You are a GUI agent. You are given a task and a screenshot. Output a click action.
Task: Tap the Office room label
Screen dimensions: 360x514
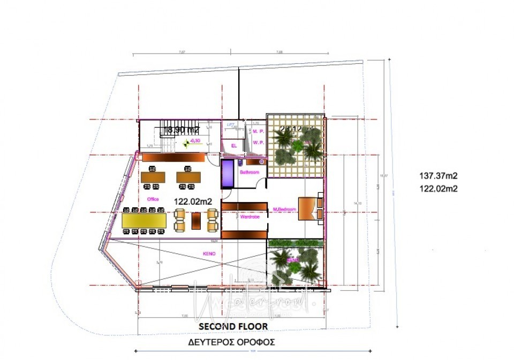[153, 199]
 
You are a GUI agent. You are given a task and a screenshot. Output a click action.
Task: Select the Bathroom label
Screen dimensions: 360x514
[250, 172]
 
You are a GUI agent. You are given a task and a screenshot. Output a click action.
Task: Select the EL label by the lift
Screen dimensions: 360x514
[233, 145]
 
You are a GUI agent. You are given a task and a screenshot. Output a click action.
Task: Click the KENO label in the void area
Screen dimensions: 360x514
[209, 253]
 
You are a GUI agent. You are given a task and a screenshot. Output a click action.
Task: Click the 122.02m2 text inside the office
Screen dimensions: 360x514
[193, 201]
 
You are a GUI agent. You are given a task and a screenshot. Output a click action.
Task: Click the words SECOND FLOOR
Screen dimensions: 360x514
[233, 326]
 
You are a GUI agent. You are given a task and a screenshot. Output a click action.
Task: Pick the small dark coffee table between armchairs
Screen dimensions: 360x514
[196, 220]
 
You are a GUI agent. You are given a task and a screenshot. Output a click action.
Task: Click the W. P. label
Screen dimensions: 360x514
[259, 142]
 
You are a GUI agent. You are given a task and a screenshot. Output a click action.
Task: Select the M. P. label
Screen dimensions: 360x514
[259, 131]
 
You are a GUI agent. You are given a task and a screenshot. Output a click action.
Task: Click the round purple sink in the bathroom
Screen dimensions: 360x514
[261, 161]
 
